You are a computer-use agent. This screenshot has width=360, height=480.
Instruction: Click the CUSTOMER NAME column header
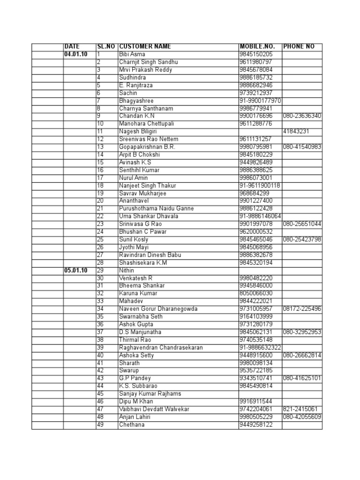(145, 47)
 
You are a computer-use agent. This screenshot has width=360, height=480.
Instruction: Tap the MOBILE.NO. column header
(257, 47)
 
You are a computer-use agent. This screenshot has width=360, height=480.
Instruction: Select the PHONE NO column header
(299, 47)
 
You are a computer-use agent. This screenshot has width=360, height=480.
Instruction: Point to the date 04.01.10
(76, 54)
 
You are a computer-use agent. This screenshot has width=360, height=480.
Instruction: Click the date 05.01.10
(76, 270)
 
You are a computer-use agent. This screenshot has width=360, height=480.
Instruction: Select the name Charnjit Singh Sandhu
(149, 62)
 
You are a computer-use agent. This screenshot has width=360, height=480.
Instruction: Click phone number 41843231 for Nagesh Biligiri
(296, 132)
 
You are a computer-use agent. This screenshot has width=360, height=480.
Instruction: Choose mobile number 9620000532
(256, 232)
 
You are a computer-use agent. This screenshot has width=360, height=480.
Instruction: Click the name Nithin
(127, 270)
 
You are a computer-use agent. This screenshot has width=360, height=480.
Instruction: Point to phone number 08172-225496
(302, 309)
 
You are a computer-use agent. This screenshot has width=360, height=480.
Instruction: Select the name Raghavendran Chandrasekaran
(160, 347)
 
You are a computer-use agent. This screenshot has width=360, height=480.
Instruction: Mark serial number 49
(100, 425)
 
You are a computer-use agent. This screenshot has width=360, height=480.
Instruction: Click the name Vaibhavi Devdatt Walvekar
(154, 409)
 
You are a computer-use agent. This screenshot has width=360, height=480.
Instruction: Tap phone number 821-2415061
(300, 409)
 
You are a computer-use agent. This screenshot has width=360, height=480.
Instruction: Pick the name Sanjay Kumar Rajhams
(150, 394)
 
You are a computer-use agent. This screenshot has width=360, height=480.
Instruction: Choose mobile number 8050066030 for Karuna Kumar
(256, 293)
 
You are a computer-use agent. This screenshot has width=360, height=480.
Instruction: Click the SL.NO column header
(105, 47)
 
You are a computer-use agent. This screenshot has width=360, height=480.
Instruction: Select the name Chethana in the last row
(132, 425)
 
